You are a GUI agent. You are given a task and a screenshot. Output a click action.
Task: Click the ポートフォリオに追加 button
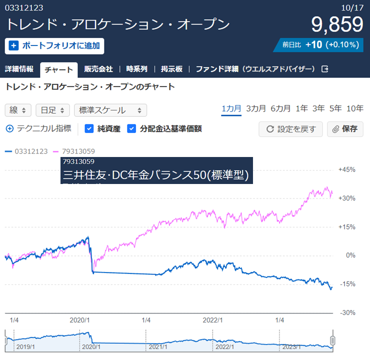[x=54, y=45]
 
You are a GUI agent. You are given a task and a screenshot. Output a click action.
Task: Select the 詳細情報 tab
[x=19, y=69]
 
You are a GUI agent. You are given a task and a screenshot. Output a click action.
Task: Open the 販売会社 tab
[x=98, y=69]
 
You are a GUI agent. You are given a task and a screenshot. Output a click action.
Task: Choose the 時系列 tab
[x=137, y=69]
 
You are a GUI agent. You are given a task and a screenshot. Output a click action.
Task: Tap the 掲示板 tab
[x=173, y=69]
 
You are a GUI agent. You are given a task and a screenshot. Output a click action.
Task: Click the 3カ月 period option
[x=255, y=108]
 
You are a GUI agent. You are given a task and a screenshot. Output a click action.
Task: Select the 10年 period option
[x=354, y=108]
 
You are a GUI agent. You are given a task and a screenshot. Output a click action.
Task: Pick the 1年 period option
[x=301, y=108]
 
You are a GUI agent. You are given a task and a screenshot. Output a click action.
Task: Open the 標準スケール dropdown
[x=110, y=110]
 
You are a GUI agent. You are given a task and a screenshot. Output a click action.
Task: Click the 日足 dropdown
[x=52, y=110]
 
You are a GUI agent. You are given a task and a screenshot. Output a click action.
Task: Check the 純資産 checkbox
[x=89, y=129]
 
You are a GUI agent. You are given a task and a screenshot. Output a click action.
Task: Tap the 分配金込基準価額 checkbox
[x=131, y=129]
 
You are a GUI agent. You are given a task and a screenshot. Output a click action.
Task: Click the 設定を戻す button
[x=290, y=129]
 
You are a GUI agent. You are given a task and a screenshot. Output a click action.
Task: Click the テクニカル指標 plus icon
[x=9, y=128]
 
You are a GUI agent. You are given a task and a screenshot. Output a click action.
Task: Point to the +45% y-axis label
[x=346, y=170]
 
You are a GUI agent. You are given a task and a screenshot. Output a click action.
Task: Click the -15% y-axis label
[x=346, y=284]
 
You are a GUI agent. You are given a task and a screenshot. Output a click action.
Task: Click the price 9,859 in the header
[x=336, y=24]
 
